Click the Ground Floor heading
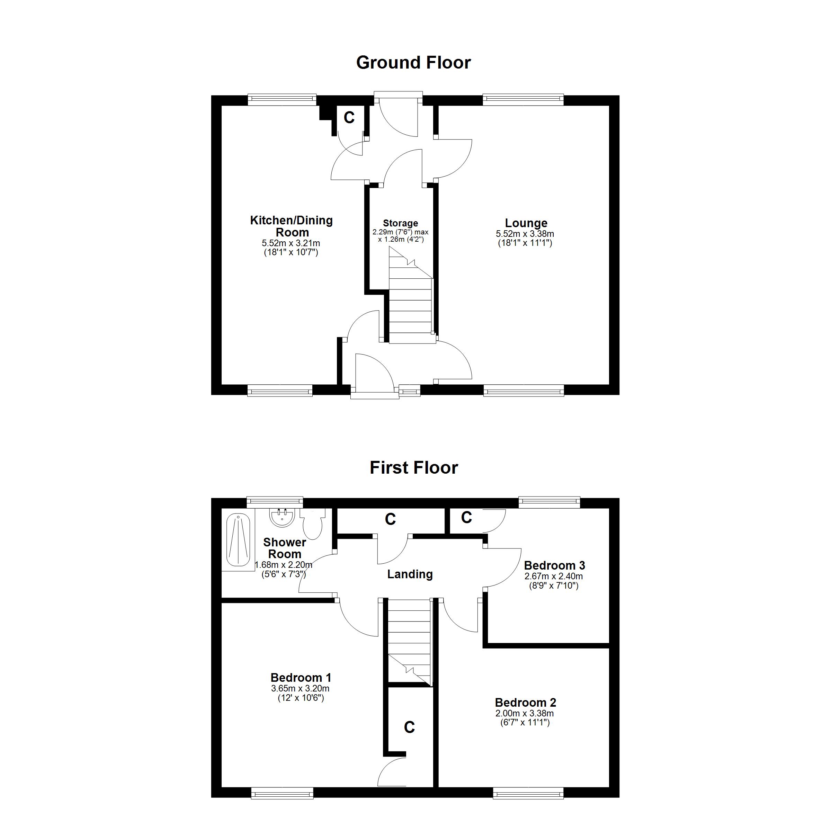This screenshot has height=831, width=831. pos(413,63)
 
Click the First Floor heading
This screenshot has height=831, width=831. pos(414,467)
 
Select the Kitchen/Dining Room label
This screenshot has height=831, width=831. pos(292,226)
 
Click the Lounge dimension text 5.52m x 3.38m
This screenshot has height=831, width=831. pos(525,234)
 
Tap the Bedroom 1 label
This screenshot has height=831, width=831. pos(301,678)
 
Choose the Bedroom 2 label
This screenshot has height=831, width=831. pos(526,703)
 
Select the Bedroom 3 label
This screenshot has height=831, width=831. pos(554,565)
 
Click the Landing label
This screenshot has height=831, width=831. pos(410,574)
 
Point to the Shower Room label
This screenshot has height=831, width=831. pos(285,548)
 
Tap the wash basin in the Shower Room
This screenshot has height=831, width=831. pos(282,517)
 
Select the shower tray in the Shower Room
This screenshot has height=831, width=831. pos(238,540)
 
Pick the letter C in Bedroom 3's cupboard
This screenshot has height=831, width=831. pos(467,517)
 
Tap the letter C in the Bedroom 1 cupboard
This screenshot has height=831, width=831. pos(410,727)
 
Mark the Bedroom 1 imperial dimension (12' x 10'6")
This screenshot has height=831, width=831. pos(301,698)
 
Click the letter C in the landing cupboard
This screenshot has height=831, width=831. pos(390,519)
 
